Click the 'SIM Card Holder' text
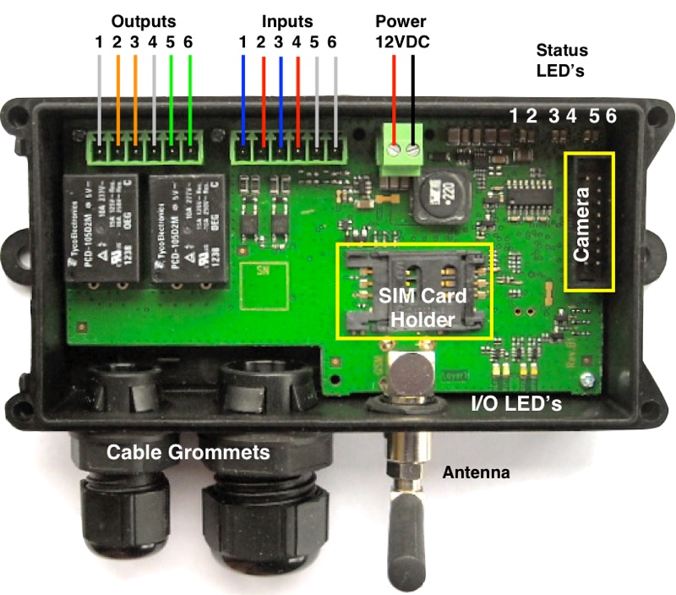416,307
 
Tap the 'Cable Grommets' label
188,452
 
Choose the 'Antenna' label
477,472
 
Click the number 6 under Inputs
333,42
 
